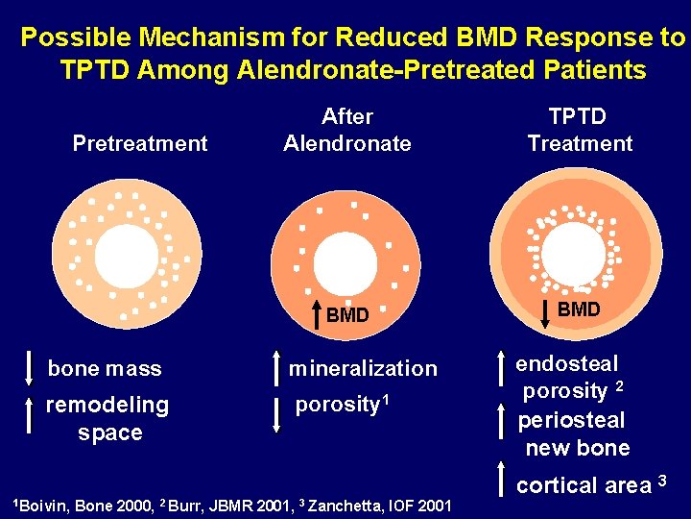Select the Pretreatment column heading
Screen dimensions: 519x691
140,144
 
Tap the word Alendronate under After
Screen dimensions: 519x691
347,144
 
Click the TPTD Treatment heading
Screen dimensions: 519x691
580,130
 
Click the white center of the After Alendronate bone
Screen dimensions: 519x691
345,259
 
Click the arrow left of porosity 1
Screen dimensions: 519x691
275,414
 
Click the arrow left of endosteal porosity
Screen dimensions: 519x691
503,375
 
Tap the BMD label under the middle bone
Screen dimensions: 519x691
346,314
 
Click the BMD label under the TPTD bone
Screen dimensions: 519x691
579,309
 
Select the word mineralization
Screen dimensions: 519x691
363,369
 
